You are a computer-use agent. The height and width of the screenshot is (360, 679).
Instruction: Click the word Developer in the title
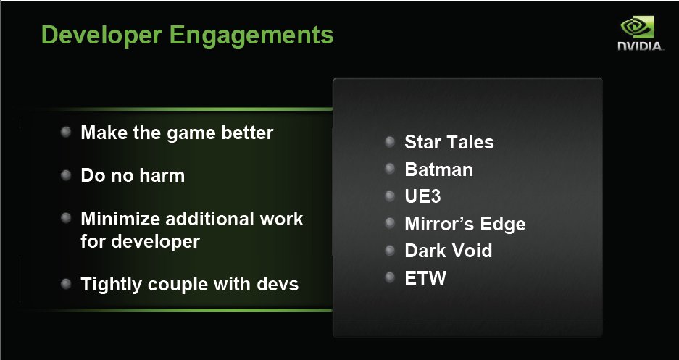click(x=101, y=35)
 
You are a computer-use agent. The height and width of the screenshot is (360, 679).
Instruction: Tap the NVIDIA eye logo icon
click(x=637, y=28)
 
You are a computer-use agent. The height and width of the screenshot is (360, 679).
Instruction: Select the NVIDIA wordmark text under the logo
click(x=640, y=46)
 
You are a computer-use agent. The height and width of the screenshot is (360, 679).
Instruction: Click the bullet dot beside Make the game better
click(x=66, y=132)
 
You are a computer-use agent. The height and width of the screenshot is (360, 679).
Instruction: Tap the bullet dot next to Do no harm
click(x=66, y=175)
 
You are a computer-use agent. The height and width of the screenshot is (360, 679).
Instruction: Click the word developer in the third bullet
click(x=156, y=242)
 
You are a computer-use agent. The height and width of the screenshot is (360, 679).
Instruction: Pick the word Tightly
click(x=112, y=285)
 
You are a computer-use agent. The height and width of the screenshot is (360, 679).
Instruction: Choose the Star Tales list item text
click(x=449, y=143)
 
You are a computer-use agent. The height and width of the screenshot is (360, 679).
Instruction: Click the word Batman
click(x=438, y=169)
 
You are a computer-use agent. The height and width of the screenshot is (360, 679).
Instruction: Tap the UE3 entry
click(x=422, y=196)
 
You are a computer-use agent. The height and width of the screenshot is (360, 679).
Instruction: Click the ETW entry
click(x=425, y=278)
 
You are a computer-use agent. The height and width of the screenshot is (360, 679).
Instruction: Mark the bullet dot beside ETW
click(x=390, y=277)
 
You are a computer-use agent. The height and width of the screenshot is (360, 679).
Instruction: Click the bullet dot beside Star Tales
click(x=390, y=141)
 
